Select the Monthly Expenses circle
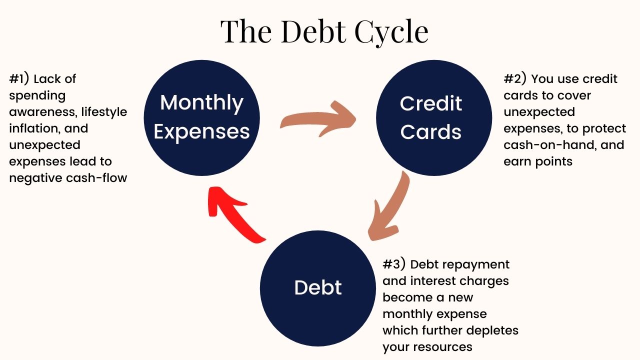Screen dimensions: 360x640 (201, 118)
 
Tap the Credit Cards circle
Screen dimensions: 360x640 (433, 118)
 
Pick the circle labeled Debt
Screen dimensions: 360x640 (318, 288)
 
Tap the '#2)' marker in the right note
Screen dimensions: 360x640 (515, 79)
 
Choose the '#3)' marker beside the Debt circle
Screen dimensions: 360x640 (394, 264)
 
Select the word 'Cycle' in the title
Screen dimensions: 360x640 (391, 32)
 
